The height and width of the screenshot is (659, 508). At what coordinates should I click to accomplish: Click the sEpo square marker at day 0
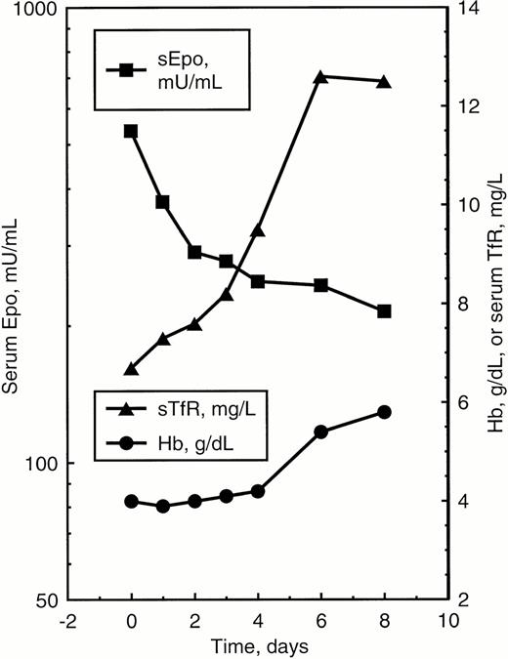point(131,131)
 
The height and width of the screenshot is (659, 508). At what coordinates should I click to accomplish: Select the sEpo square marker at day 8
point(384,310)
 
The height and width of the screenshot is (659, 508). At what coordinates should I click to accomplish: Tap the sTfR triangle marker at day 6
point(320,76)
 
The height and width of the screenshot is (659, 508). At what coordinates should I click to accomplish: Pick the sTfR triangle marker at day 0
point(131,369)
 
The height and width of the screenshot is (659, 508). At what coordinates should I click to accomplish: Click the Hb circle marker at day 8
point(384,412)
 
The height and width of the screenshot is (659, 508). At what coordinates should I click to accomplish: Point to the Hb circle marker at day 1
point(163,506)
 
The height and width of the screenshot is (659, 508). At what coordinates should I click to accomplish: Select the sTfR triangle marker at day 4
point(258,230)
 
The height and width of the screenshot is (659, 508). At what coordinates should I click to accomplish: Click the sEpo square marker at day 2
point(194,252)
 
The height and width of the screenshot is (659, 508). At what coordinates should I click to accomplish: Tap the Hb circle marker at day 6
point(320,431)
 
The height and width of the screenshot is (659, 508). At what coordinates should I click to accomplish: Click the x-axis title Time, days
point(258,646)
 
